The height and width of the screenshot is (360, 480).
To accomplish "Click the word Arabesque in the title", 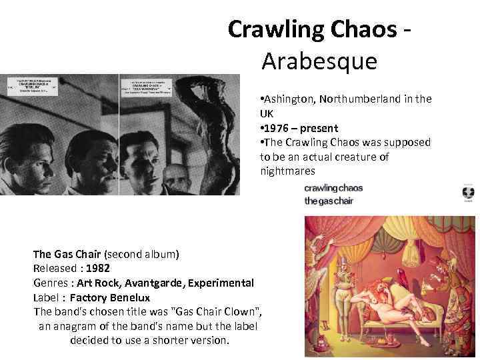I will pos(319,61).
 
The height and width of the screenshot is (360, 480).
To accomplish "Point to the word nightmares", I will pos(288,171).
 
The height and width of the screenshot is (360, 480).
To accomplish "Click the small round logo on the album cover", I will pos(468,193).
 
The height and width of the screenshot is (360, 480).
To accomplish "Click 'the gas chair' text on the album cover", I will pos(329,201).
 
